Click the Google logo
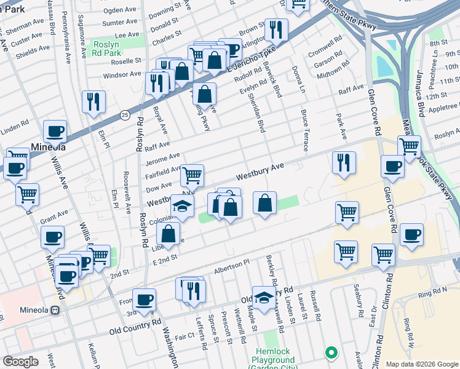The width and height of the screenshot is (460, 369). click(20, 362)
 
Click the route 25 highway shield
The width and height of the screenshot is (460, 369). click(125, 115)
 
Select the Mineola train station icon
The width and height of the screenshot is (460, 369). click(55, 311)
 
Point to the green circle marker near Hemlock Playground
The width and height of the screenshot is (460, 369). click(331, 353)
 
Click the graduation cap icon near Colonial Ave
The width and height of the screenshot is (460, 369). click(182, 206)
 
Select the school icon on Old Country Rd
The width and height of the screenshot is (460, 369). click(264, 298)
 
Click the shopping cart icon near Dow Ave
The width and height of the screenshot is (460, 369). click(192, 175)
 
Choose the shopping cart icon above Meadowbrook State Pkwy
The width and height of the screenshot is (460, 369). click(409, 146)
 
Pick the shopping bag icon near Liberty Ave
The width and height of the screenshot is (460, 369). click(169, 233)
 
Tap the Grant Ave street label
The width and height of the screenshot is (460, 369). click(54, 216)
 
